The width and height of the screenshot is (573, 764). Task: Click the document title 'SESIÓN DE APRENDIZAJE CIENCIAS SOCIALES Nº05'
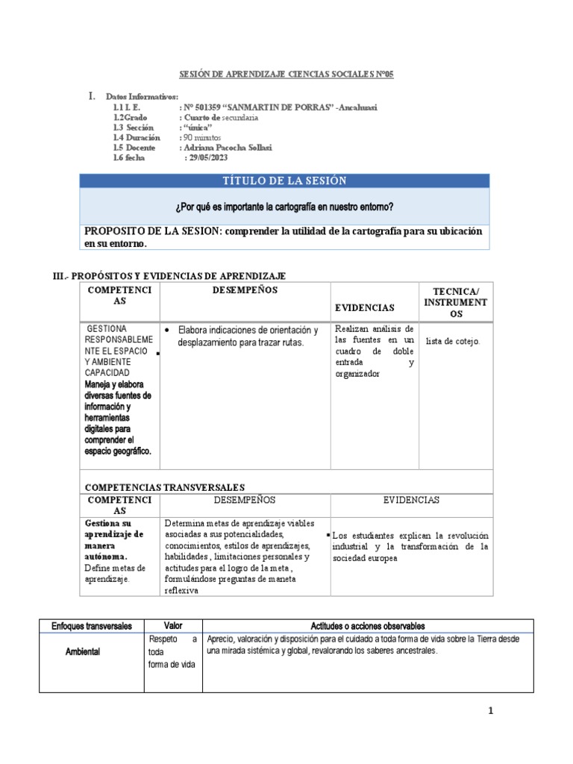(x=286, y=75)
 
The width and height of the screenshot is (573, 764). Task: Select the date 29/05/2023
(x=210, y=158)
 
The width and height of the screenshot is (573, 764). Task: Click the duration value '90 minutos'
(x=206, y=138)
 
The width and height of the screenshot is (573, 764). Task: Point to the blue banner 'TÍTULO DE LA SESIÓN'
(x=285, y=181)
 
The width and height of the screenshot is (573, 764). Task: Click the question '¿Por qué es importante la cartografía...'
(x=285, y=206)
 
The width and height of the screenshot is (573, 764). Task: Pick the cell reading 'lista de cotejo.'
(x=453, y=341)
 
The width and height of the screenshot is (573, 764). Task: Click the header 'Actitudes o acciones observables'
(x=368, y=626)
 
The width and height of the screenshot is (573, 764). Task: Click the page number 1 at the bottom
(x=490, y=712)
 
